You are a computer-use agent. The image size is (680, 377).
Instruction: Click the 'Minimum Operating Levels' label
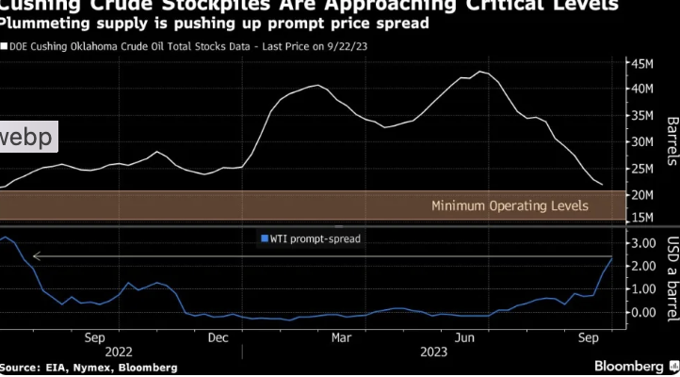[510, 205]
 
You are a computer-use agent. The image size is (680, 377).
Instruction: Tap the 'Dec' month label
[218, 336]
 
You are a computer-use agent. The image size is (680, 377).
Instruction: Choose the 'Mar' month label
[342, 336]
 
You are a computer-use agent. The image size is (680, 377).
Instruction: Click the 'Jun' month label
[463, 336]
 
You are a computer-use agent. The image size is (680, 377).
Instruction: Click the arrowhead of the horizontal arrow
[35, 255]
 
